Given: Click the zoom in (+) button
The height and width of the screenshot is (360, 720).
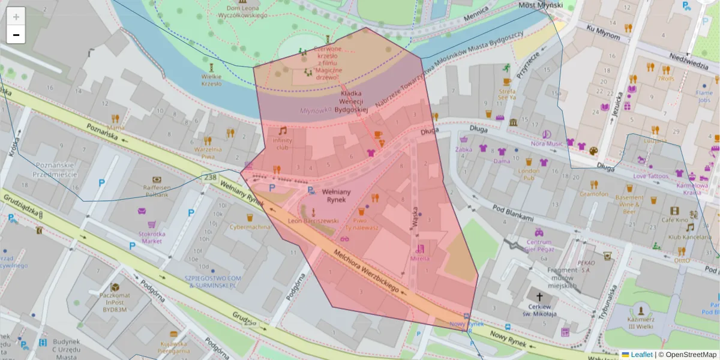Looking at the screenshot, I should (x=16, y=17).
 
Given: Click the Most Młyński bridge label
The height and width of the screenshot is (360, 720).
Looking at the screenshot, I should (x=540, y=5).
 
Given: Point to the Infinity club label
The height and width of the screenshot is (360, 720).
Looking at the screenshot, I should (x=282, y=144).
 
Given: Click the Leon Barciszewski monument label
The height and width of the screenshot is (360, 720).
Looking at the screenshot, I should (x=313, y=221).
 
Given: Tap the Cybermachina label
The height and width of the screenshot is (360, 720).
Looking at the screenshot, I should (x=250, y=227).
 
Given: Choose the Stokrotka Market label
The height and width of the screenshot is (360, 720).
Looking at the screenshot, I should (x=143, y=237).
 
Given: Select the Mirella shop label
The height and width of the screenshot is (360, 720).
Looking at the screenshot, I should (x=420, y=259).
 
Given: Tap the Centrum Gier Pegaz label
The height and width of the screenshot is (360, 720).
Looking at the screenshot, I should (x=539, y=245).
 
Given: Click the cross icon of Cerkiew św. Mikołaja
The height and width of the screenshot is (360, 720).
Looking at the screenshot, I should (x=539, y=297).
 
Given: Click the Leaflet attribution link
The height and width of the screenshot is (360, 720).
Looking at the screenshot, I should (x=641, y=355).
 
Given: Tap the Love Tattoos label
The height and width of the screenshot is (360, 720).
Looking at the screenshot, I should (x=650, y=176).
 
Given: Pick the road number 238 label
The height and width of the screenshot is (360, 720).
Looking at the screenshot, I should (x=210, y=178).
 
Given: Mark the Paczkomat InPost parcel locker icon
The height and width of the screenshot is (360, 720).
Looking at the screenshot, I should (x=114, y=287).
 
